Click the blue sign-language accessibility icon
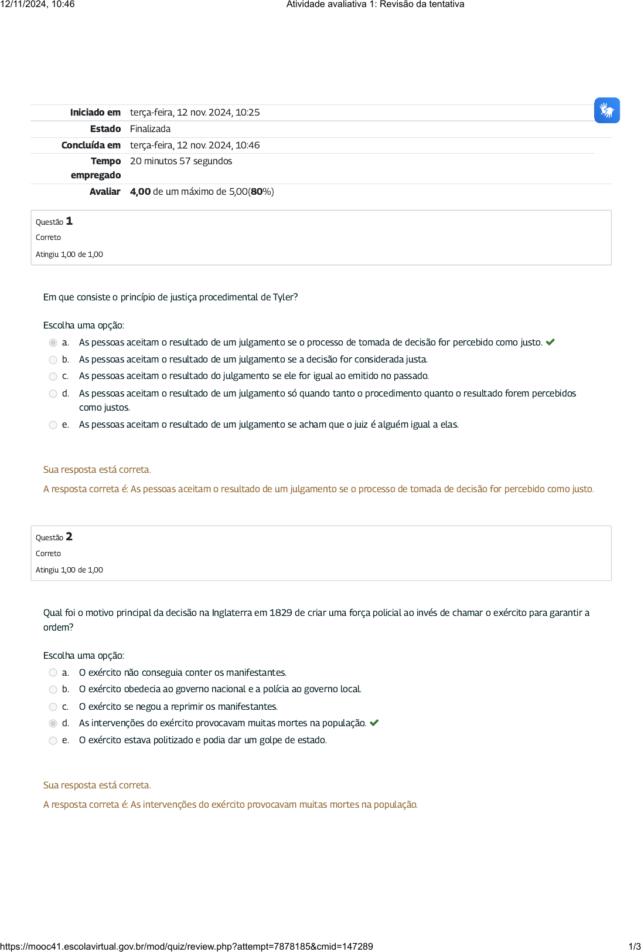coord(606,110)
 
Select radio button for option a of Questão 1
coord(53,343)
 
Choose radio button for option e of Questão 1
coord(53,425)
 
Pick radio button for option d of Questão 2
coord(53,723)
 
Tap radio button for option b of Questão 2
coord(53,689)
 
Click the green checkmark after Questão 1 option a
coord(550,342)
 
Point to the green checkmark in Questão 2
coord(374,723)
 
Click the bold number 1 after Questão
coord(69,221)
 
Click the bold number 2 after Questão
coord(69,537)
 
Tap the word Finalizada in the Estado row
coord(150,128)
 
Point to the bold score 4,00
coord(140,191)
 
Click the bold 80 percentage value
coord(257,191)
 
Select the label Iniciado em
coord(95,112)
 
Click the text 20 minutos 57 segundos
coord(181,161)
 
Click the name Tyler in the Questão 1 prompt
coord(284,297)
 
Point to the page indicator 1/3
coord(634,946)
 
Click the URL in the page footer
coord(186,946)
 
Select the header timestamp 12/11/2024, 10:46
coord(37,4)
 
